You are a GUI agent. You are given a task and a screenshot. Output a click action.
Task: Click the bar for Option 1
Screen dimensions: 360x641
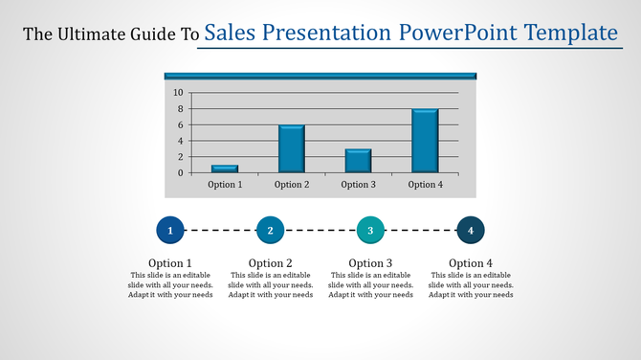pos(225,169)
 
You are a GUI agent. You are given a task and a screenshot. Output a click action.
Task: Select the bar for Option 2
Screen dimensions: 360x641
pos(292,149)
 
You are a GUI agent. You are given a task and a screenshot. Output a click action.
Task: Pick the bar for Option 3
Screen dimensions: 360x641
pos(358,161)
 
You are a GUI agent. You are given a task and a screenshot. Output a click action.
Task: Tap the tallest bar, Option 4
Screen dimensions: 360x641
pos(425,141)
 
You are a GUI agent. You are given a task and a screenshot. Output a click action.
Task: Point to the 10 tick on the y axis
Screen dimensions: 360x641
pos(178,93)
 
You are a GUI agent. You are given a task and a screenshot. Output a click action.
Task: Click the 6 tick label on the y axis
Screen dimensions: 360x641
pos(180,125)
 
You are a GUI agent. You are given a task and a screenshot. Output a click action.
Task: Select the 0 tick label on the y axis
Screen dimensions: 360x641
pos(180,173)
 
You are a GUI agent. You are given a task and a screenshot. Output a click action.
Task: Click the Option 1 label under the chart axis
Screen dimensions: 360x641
pos(225,185)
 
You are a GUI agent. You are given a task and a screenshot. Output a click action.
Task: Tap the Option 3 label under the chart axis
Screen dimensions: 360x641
pos(358,185)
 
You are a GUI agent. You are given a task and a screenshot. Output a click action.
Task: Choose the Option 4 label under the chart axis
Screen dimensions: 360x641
pos(425,185)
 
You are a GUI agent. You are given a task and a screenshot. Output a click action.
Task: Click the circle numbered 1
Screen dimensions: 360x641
pos(170,231)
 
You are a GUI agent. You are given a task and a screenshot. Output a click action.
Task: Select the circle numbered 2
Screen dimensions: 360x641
pos(271,231)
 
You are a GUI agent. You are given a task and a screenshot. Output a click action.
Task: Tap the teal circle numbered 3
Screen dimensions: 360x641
pos(370,231)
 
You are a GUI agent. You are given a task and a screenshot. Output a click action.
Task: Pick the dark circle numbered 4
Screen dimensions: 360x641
pos(471,231)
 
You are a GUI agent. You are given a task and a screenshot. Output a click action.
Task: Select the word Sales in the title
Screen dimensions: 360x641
pos(232,34)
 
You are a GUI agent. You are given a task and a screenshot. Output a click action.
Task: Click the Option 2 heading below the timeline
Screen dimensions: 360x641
pos(271,263)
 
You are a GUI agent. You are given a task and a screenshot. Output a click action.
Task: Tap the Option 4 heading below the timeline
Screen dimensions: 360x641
pos(471,263)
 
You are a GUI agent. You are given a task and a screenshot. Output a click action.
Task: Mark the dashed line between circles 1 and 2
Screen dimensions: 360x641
pos(220,231)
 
